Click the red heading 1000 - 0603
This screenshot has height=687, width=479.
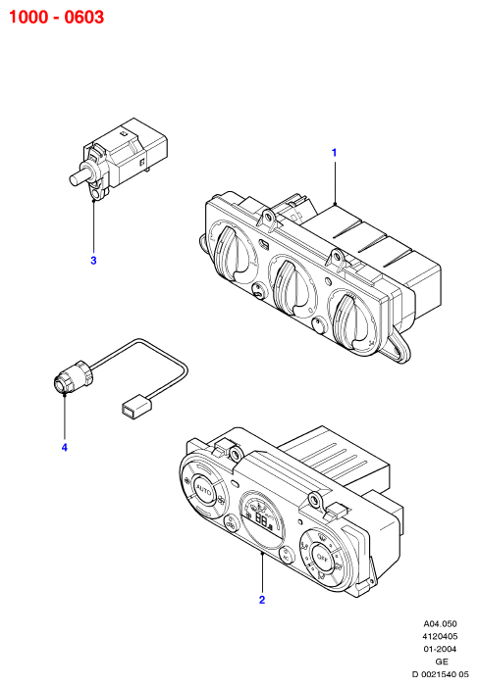point(57,17)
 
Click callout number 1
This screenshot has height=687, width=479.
point(335,153)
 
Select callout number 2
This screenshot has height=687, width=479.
point(262,600)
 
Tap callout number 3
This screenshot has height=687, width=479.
point(93,261)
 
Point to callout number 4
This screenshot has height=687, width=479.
point(65,447)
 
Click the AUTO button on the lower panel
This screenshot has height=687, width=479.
point(203,490)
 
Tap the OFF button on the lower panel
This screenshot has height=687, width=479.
point(322,558)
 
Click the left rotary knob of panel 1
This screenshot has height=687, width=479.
point(234,253)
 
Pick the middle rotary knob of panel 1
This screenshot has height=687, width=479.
point(290,287)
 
